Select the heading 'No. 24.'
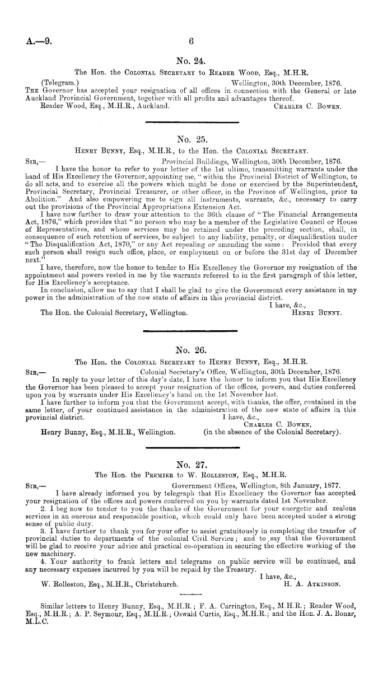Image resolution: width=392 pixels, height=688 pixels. pyautogui.click(x=191, y=62)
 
